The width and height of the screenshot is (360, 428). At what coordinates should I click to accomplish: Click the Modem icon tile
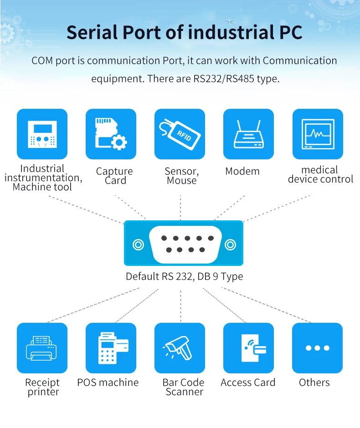(248, 134)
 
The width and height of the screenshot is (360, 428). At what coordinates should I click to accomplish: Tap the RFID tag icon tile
(180, 134)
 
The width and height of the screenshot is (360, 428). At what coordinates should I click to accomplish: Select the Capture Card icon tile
(111, 134)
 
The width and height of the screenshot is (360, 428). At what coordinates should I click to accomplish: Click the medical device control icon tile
(318, 134)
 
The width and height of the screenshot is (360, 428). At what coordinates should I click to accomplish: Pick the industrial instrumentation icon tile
(42, 134)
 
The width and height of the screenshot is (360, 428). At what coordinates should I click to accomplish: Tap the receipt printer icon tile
(42, 348)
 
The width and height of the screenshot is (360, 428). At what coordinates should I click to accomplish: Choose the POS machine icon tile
(111, 348)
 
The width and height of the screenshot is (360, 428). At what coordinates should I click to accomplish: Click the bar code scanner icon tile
(180, 348)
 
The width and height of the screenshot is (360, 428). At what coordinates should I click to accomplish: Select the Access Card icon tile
(248, 348)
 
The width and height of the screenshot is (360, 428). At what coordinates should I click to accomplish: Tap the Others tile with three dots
(317, 348)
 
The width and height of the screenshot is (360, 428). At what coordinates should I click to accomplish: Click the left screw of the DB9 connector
(138, 245)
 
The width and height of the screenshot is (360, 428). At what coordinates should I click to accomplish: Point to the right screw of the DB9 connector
(230, 245)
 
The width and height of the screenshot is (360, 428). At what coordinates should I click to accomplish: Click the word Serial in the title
(92, 33)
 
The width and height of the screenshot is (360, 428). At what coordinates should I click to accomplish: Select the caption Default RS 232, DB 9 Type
(184, 276)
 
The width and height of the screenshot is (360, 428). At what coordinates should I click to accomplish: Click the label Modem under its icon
(242, 172)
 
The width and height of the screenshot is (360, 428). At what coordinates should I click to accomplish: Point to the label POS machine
(108, 382)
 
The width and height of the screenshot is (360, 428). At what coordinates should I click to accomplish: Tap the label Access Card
(248, 382)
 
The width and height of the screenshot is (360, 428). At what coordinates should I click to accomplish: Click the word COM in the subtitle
(42, 61)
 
